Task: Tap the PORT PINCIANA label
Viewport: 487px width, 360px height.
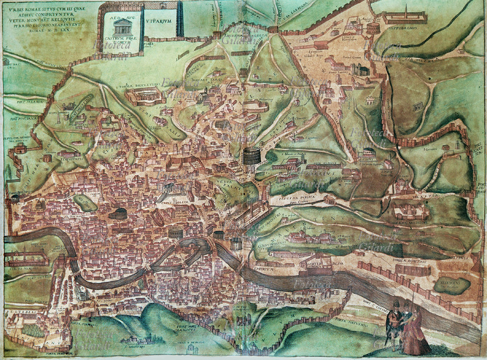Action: (13, 118)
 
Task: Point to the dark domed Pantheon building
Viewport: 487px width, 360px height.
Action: (119, 213)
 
